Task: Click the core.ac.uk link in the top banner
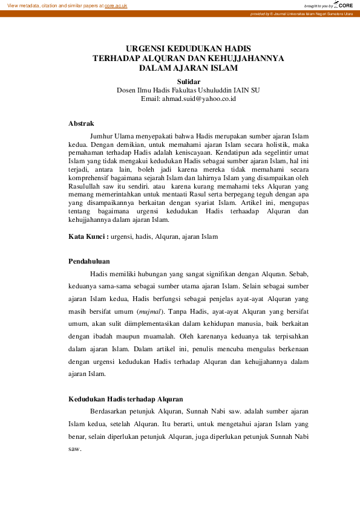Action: coord(116,5)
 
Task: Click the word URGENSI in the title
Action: coord(145,48)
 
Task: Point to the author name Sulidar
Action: coord(188,81)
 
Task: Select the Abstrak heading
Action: coord(81,123)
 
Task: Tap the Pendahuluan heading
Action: coord(89,261)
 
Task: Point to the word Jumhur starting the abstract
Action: coord(102,137)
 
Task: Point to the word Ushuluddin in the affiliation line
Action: coord(211,90)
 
